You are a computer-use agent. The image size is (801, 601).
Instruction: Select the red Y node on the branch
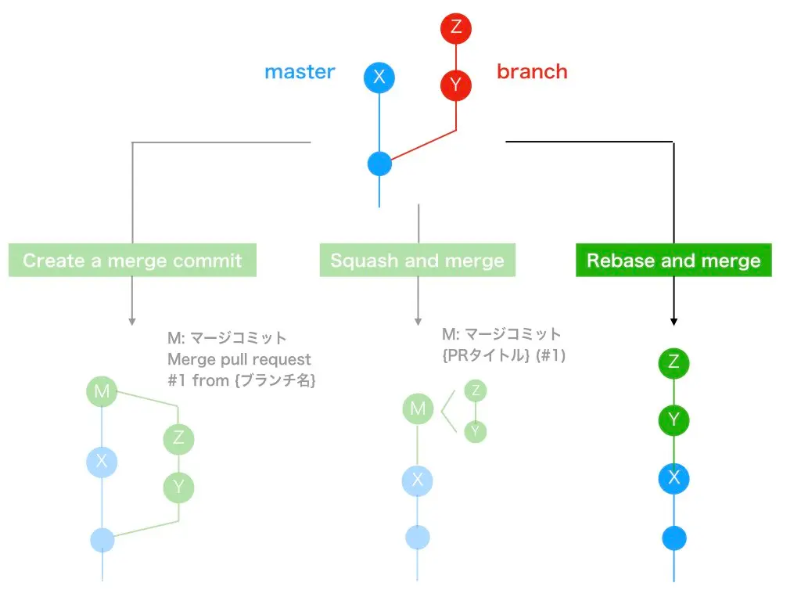pos(456,83)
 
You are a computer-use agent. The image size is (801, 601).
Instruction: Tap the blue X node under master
pos(379,77)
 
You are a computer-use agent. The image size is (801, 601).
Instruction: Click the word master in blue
pos(300,72)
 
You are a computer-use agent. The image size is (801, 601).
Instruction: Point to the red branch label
pos(532,72)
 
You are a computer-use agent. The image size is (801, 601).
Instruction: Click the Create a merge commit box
pos(132,261)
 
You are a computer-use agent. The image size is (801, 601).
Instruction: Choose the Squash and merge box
pos(417,261)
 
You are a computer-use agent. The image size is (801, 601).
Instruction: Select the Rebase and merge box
pos(673,261)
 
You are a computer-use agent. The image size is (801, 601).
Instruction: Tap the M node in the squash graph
pos(418,408)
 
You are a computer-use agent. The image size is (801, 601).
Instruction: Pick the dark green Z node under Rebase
pos(673,362)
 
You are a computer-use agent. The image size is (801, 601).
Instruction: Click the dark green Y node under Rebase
pos(673,421)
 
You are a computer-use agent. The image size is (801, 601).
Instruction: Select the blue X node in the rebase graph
pos(673,478)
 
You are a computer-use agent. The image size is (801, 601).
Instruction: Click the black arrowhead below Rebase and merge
pos(673,321)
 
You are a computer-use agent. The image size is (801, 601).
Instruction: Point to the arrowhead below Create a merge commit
pos(132,321)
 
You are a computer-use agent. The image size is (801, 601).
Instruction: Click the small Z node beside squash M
pos(475,390)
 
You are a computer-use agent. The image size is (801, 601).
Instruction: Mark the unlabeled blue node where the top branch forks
pos(379,164)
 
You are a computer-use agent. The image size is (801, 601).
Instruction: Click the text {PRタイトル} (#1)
pos(503,355)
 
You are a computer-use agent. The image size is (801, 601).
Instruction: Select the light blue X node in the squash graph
pos(418,480)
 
